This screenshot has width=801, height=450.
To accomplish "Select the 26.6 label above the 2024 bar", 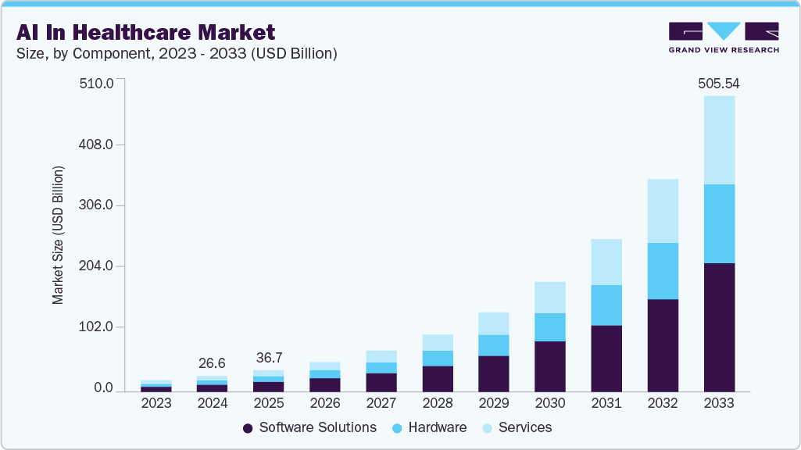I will [212, 363].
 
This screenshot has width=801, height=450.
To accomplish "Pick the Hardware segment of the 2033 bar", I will [718, 223].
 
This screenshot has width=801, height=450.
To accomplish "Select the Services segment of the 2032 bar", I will [662, 211].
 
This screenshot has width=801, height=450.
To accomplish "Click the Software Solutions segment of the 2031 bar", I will [606, 358].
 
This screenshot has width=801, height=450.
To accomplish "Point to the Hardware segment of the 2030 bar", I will [549, 327].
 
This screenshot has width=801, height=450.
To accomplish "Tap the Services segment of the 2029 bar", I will [493, 323].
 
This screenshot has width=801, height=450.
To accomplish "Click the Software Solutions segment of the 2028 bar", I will [437, 378].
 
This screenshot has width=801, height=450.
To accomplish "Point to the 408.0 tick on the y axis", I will [97, 145].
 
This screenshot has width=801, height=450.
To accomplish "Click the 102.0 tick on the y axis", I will [97, 327].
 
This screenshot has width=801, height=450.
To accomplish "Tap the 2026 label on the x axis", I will [324, 403].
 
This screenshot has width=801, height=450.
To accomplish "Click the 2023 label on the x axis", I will [156, 403].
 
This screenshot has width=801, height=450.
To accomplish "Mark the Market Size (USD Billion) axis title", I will [58, 235].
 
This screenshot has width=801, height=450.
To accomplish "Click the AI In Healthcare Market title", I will [145, 32].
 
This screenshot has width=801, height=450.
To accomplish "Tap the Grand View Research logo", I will [724, 37].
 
